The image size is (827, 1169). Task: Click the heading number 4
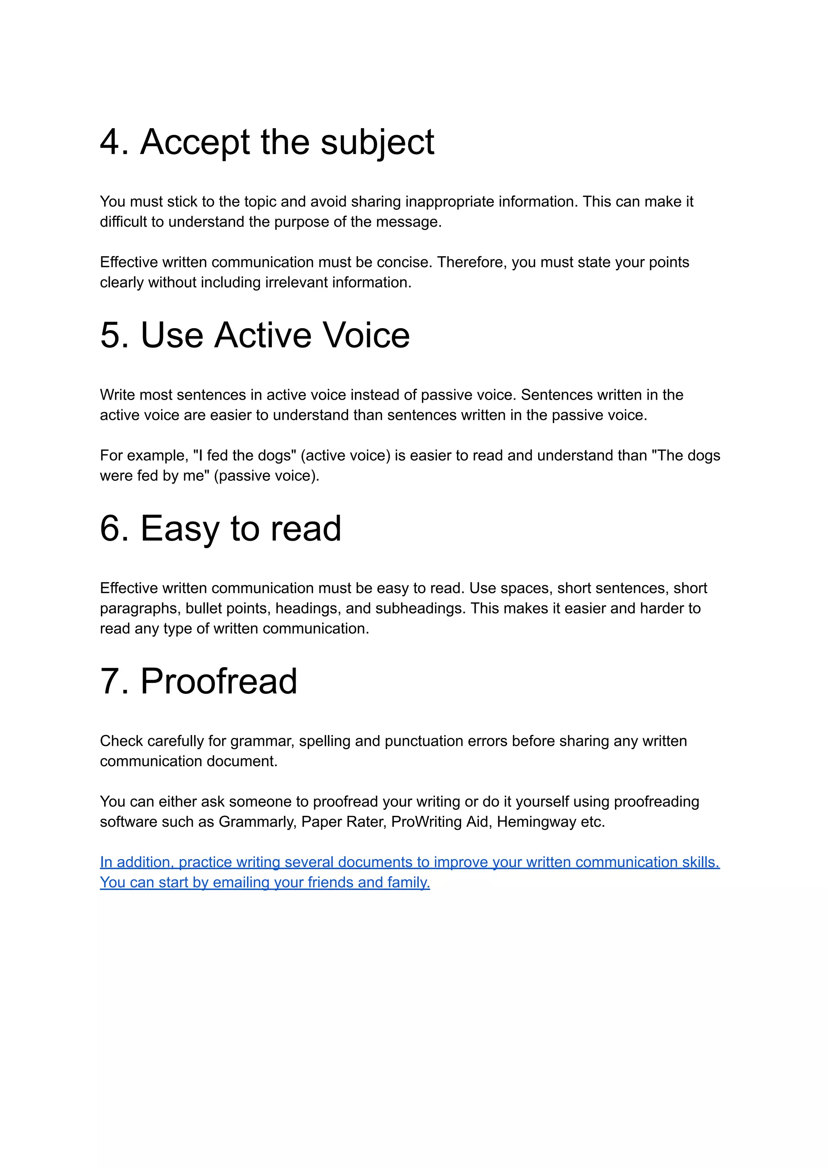(113, 142)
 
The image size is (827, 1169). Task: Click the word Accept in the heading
(195, 142)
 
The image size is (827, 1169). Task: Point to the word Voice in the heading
(366, 335)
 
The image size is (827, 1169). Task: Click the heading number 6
(113, 529)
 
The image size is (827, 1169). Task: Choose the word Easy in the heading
(179, 529)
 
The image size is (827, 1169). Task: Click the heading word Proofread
(218, 681)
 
